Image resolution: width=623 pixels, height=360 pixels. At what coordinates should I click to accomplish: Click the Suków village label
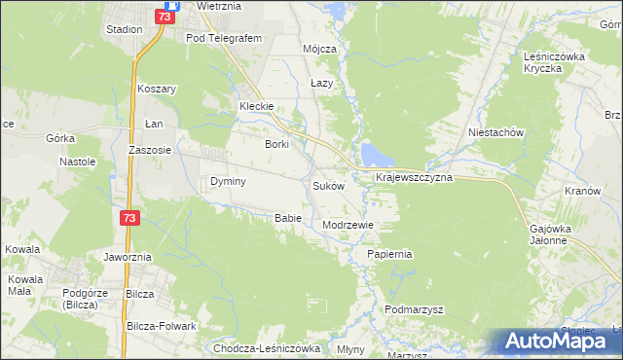[328, 185]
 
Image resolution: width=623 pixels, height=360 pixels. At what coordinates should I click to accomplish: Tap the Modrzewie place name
[348, 224]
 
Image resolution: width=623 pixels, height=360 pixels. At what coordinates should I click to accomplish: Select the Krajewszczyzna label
[414, 178]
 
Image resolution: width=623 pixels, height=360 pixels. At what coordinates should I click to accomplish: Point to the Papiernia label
[390, 254]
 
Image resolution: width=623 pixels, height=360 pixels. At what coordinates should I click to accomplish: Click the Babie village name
[288, 217]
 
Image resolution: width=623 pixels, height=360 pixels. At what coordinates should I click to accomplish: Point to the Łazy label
[322, 83]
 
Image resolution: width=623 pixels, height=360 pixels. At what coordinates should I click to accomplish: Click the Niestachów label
[496, 132]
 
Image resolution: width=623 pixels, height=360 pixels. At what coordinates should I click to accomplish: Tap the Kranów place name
[582, 191]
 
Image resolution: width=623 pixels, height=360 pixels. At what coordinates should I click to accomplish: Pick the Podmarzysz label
[414, 309]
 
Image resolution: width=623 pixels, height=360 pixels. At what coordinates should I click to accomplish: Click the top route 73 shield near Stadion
[165, 16]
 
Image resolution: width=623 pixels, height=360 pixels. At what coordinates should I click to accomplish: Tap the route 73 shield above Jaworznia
[129, 219]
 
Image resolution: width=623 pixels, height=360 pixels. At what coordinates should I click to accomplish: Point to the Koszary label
[157, 88]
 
